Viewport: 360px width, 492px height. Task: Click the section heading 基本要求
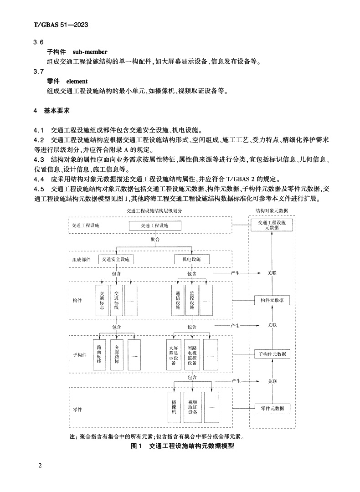(x=57, y=111)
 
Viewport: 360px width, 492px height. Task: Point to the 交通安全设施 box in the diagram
(x=116, y=259)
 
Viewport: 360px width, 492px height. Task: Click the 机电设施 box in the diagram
(x=192, y=259)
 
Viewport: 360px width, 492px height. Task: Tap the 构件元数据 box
(x=272, y=301)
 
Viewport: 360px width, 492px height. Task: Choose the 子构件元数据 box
(x=272, y=354)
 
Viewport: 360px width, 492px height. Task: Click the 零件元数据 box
(x=272, y=408)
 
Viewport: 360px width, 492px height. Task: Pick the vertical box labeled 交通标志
(x=102, y=301)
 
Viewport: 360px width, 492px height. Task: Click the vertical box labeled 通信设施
(x=177, y=301)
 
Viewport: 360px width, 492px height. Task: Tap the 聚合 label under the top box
(x=155, y=239)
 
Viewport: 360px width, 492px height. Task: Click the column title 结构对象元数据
(x=272, y=210)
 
